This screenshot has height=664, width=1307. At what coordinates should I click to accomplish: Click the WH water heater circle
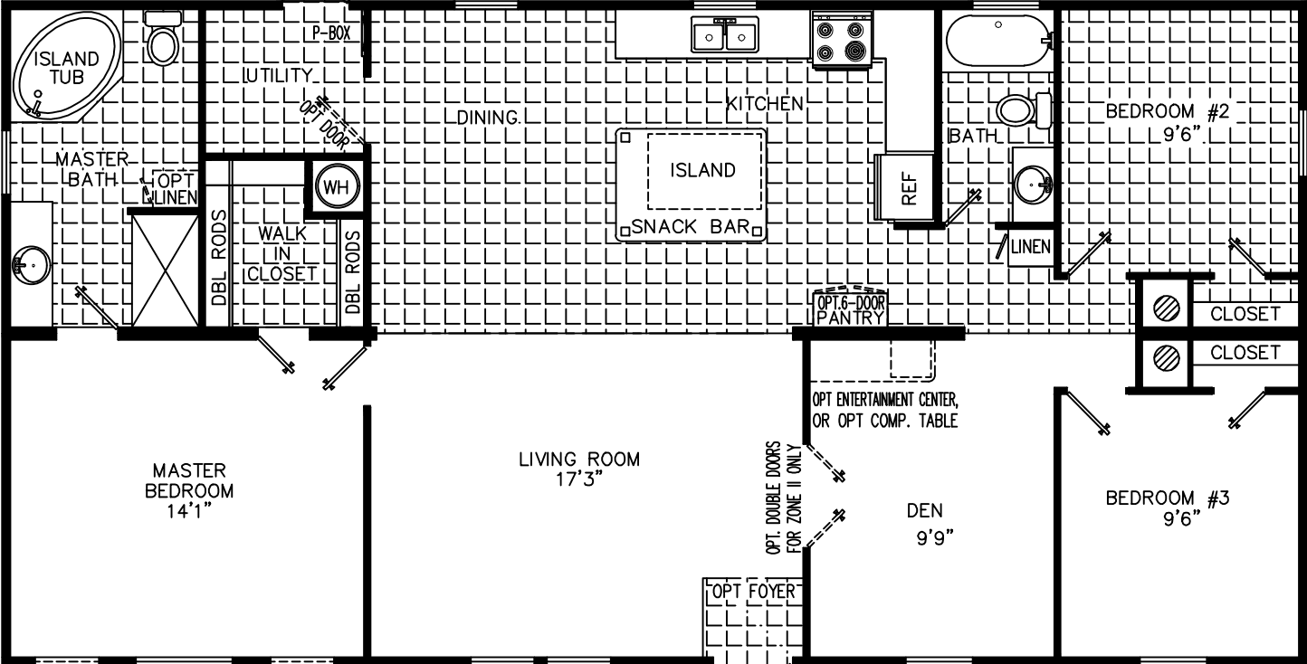click(x=337, y=187)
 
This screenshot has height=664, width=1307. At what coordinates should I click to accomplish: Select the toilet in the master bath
click(x=163, y=41)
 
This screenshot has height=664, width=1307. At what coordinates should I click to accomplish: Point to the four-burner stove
click(x=841, y=41)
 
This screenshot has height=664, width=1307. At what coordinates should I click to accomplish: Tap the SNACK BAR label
click(x=691, y=227)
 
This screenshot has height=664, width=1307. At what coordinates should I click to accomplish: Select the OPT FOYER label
click(x=754, y=592)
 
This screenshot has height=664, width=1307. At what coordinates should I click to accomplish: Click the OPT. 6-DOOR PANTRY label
click(x=850, y=309)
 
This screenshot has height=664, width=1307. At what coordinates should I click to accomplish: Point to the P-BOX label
click(x=331, y=33)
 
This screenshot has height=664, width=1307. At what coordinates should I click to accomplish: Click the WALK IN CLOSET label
click(x=283, y=253)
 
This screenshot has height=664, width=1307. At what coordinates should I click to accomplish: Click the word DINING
click(x=488, y=117)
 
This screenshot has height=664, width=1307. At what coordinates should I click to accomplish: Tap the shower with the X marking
click(x=166, y=269)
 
